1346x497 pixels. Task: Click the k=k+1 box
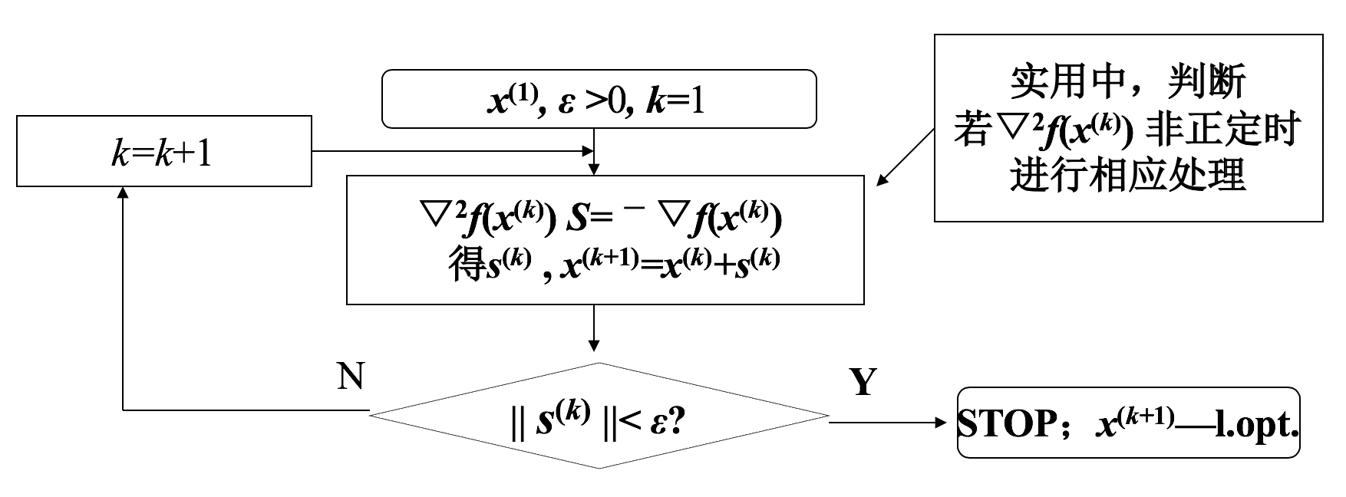(x=164, y=151)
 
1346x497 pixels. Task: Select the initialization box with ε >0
(x=599, y=99)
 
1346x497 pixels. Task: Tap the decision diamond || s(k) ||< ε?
(x=599, y=416)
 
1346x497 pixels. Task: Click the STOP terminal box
(x=1128, y=423)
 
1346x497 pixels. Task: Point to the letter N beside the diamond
(x=351, y=376)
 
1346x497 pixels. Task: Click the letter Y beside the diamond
(x=863, y=381)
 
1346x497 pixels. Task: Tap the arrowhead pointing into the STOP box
(x=948, y=423)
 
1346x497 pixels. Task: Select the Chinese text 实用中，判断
(x=1127, y=82)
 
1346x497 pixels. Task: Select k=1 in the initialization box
(x=675, y=100)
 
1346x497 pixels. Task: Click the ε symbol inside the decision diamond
(x=657, y=423)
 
